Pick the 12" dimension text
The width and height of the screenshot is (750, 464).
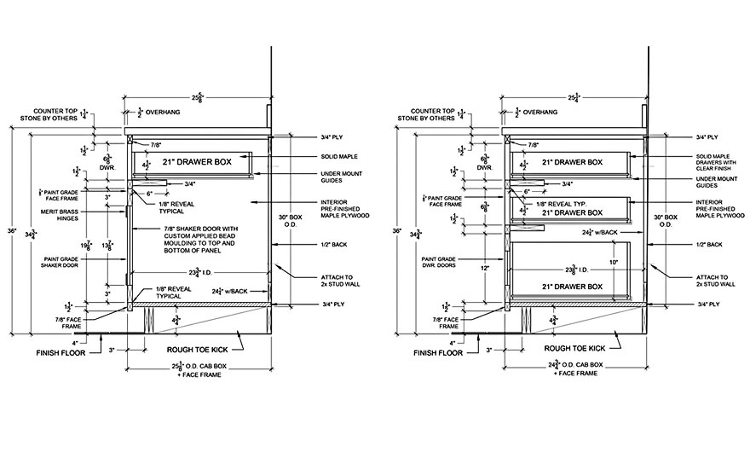(x=482, y=267)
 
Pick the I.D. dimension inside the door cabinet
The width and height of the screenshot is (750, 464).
(x=199, y=272)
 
